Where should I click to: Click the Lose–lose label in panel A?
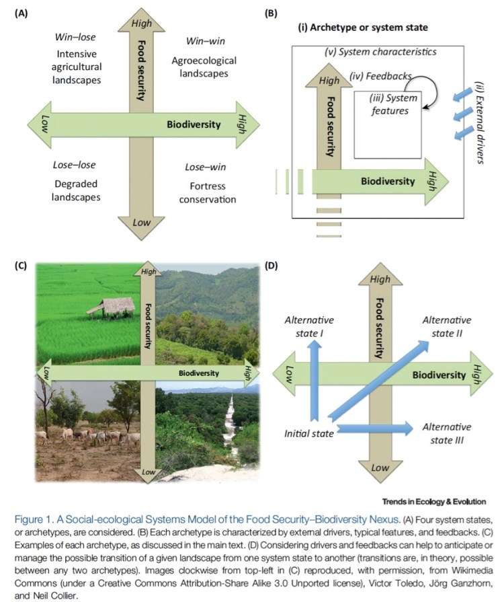coord(74,165)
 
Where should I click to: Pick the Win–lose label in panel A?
coord(74,38)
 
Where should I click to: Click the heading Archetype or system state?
coord(362,28)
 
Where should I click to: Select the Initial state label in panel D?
coord(308,433)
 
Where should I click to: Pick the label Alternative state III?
coord(447,433)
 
